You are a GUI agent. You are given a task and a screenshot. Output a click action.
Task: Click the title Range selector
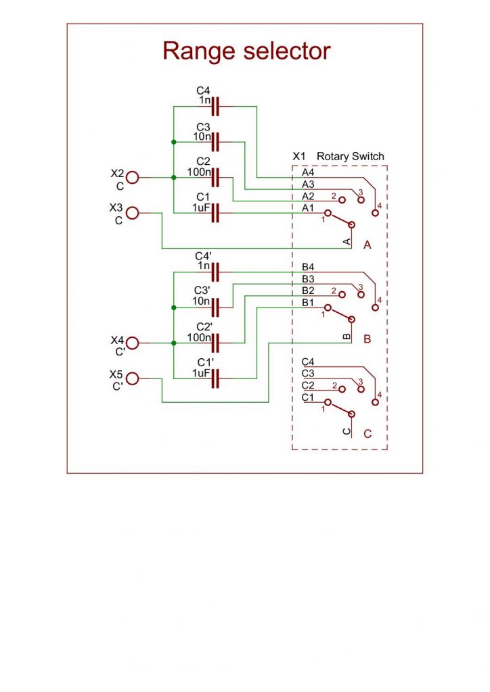pyautogui.click(x=246, y=51)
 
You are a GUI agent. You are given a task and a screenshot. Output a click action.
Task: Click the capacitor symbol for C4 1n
pyautogui.click(x=217, y=106)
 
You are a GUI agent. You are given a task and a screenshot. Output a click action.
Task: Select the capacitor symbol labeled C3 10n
pyautogui.click(x=217, y=142)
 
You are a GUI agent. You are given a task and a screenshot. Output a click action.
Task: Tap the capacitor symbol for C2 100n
pyautogui.click(x=217, y=178)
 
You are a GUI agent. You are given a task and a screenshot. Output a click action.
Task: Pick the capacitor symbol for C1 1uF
pyautogui.click(x=217, y=214)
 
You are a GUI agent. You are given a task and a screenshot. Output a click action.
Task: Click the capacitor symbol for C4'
pyautogui.click(x=217, y=272)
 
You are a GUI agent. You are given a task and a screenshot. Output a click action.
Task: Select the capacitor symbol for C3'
pyautogui.click(x=217, y=308)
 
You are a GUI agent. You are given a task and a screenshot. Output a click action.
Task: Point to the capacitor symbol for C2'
pyautogui.click(x=217, y=343)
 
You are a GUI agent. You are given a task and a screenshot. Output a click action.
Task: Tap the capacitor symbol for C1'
pyautogui.click(x=217, y=379)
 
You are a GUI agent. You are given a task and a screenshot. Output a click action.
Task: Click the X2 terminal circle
pyautogui.click(x=132, y=178)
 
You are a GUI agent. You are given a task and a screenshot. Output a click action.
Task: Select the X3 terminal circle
pyautogui.click(x=132, y=214)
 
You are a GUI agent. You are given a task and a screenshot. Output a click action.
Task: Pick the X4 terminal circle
pyautogui.click(x=132, y=343)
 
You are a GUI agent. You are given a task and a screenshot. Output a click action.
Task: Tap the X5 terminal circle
pyautogui.click(x=132, y=379)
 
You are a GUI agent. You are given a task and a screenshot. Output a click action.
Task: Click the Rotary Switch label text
pyautogui.click(x=350, y=156)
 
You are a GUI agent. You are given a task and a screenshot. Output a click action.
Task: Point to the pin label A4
pyautogui.click(x=308, y=173)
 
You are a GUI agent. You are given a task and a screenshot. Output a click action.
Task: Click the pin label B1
pyautogui.click(x=308, y=303)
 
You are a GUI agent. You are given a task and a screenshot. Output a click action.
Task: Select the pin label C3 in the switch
pyautogui.click(x=308, y=373)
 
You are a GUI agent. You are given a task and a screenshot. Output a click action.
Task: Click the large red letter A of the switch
pyautogui.click(x=367, y=245)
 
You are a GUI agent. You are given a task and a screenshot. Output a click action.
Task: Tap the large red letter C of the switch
pyautogui.click(x=367, y=434)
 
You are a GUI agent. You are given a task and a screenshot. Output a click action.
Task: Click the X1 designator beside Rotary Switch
pyautogui.click(x=299, y=156)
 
